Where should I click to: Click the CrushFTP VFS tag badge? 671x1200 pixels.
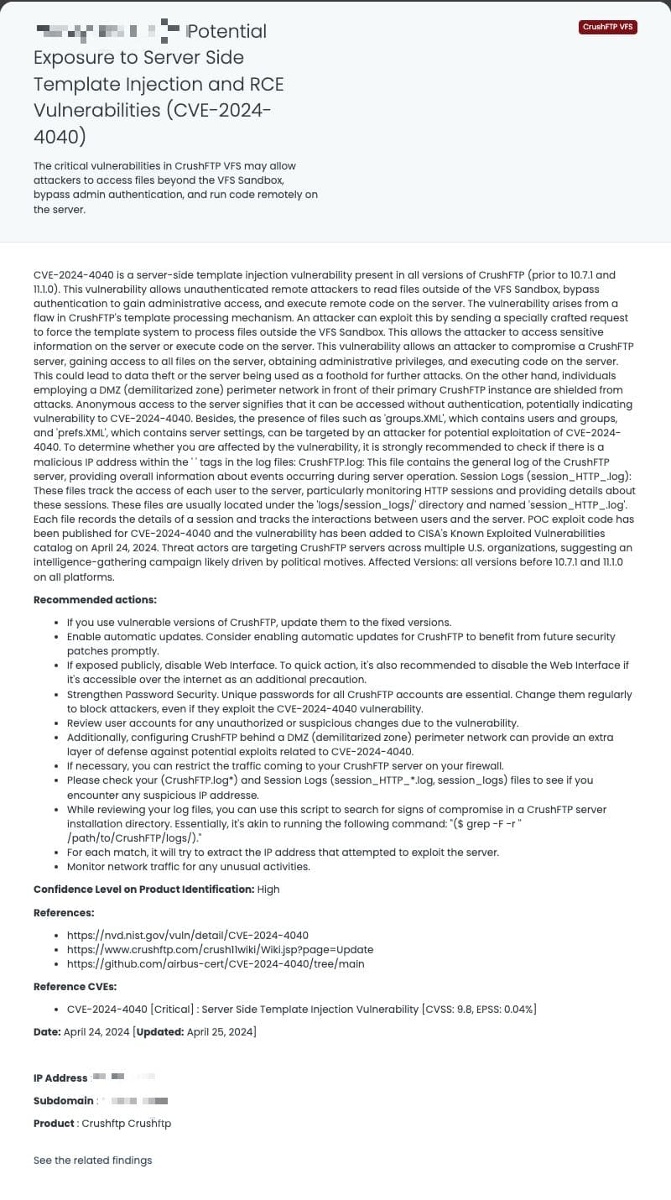tap(608, 27)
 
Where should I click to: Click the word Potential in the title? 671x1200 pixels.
tap(226, 32)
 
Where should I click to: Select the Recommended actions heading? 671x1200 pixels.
tap(95, 600)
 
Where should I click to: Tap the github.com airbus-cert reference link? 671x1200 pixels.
tap(216, 963)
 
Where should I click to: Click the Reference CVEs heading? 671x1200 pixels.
tap(75, 986)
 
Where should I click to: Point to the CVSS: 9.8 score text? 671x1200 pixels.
tap(454, 1009)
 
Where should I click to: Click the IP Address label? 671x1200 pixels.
tap(60, 1078)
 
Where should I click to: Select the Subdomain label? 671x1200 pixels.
tap(64, 1100)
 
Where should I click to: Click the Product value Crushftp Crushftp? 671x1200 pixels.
tap(126, 1123)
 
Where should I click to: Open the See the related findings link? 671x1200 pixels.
tap(92, 1161)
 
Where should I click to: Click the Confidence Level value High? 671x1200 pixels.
tap(268, 889)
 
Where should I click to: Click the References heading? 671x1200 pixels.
tap(64, 912)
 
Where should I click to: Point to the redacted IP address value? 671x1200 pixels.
tap(123, 1077)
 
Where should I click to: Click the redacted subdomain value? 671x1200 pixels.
tap(134, 1100)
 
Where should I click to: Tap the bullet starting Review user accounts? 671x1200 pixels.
tap(293, 723)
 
